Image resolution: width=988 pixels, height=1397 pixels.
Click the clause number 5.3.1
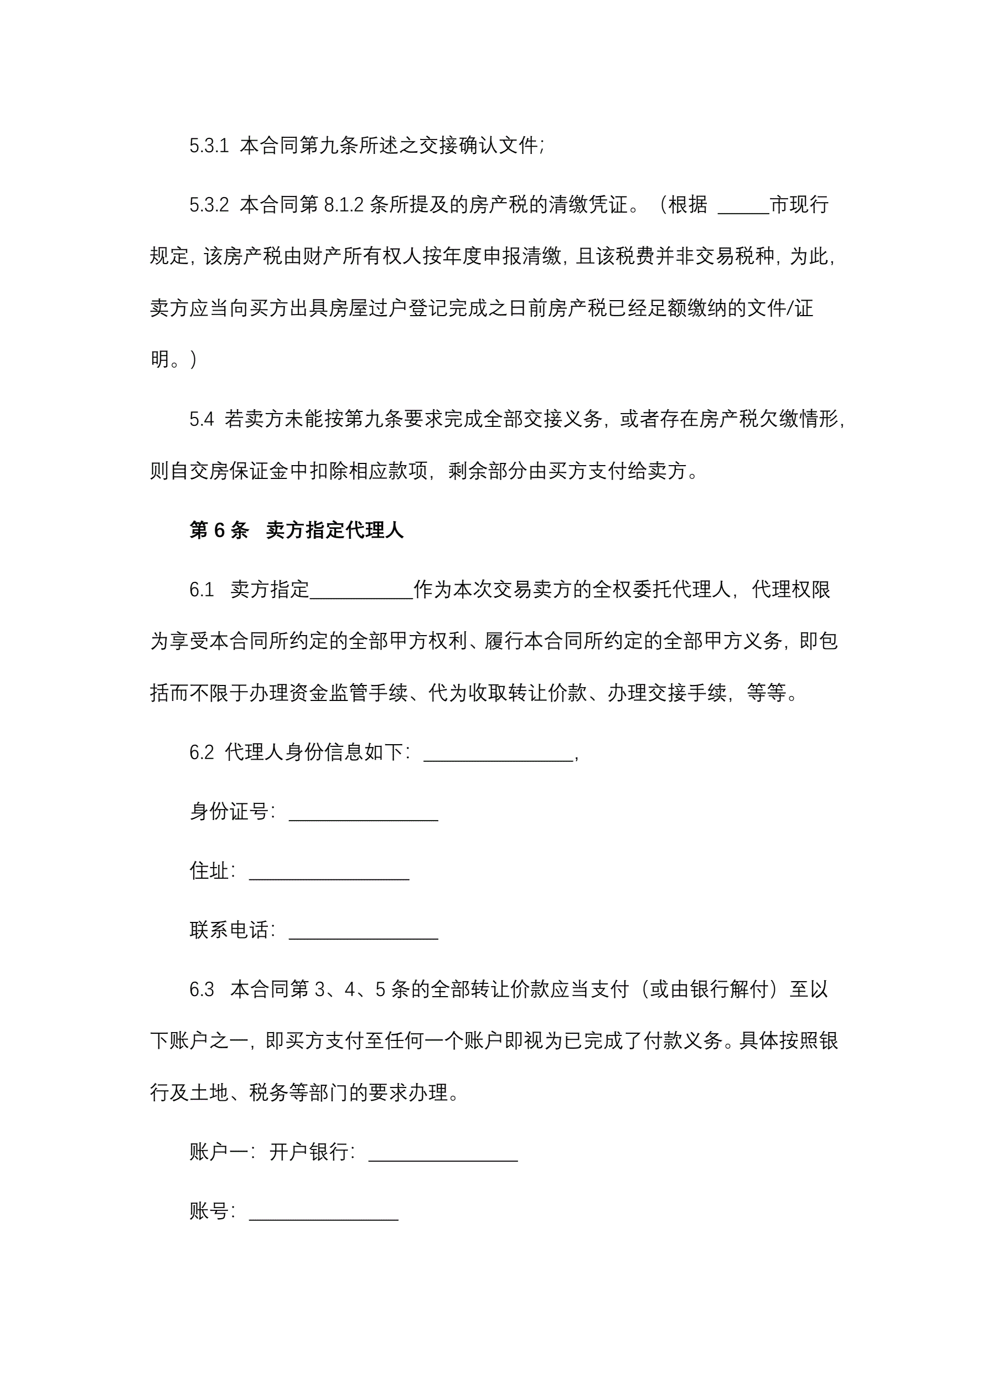tap(209, 146)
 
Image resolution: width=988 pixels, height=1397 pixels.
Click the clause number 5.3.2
tap(209, 205)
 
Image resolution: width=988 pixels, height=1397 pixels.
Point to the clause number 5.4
tap(201, 419)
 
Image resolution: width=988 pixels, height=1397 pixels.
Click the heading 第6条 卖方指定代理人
tap(296, 530)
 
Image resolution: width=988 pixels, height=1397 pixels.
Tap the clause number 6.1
tap(201, 590)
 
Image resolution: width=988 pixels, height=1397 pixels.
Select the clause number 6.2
tap(201, 752)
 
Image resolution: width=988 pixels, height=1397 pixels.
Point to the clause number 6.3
tap(201, 989)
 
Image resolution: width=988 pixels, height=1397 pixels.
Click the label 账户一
tap(219, 1152)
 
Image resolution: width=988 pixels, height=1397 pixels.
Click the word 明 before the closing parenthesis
tap(160, 359)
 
